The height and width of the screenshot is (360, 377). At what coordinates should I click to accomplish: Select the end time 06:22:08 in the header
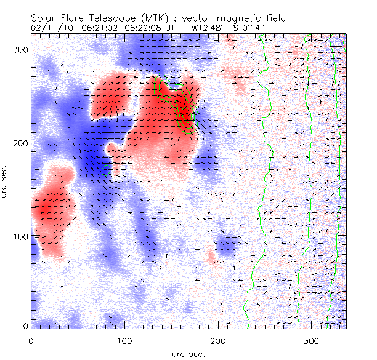(140, 28)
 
